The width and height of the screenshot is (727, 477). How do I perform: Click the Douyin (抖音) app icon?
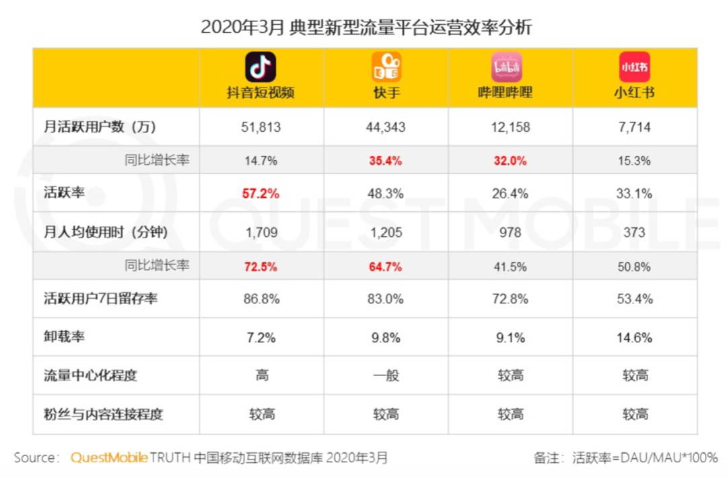[x=261, y=67]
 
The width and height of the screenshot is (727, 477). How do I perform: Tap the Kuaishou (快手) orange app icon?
[x=386, y=67]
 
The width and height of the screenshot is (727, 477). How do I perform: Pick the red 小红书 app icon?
[x=635, y=67]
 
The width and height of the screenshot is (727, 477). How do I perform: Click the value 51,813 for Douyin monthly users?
[x=261, y=127]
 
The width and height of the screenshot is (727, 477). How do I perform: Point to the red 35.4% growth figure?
[x=386, y=161]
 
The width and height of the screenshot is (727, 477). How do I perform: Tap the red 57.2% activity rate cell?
[x=261, y=194]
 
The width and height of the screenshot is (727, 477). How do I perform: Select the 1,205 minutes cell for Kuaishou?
[x=386, y=233]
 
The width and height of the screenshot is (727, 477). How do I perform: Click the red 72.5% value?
[x=261, y=266]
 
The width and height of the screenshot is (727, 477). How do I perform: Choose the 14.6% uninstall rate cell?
[x=635, y=338]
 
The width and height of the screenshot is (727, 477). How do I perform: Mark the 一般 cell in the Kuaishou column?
[x=386, y=375]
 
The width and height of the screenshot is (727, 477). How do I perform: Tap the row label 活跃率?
[x=63, y=194]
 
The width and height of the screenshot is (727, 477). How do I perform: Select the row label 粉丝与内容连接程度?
[x=103, y=414]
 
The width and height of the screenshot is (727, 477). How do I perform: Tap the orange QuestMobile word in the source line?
[x=109, y=457]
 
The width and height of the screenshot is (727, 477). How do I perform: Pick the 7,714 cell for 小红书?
[x=635, y=127]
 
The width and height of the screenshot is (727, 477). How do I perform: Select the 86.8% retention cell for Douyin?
[x=261, y=299]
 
